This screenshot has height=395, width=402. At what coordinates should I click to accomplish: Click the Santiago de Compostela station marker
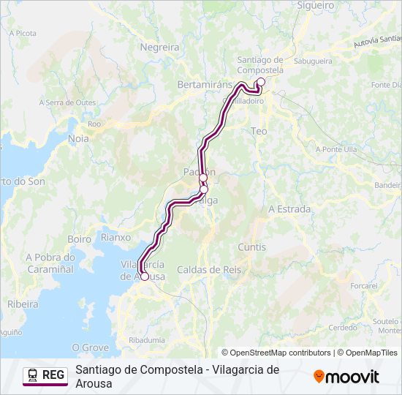(261, 82)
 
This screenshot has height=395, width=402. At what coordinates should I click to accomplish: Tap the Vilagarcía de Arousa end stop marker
(145, 276)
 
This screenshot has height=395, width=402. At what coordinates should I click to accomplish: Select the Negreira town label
(159, 47)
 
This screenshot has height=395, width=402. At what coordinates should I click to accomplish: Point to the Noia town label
(77, 138)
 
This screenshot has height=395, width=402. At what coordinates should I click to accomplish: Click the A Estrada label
(289, 209)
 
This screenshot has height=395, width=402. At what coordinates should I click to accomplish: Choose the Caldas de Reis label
(209, 269)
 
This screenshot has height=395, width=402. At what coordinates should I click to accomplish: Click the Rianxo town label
(115, 237)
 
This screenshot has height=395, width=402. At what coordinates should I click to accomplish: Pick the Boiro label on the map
(79, 239)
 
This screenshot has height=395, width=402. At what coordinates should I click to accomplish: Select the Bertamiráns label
(205, 85)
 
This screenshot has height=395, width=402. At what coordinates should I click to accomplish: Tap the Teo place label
(259, 130)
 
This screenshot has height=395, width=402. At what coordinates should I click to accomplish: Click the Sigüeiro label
(316, 5)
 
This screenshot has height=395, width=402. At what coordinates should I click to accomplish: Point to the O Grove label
(91, 347)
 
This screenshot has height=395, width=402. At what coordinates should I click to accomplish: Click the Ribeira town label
(23, 303)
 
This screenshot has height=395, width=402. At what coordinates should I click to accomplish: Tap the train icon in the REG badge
(33, 375)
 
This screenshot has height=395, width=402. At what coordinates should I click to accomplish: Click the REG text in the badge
(53, 375)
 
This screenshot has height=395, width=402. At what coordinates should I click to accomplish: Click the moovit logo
(346, 377)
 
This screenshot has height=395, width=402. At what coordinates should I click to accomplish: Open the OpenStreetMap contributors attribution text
(276, 353)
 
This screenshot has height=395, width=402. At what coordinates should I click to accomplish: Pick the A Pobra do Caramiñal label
(50, 263)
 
